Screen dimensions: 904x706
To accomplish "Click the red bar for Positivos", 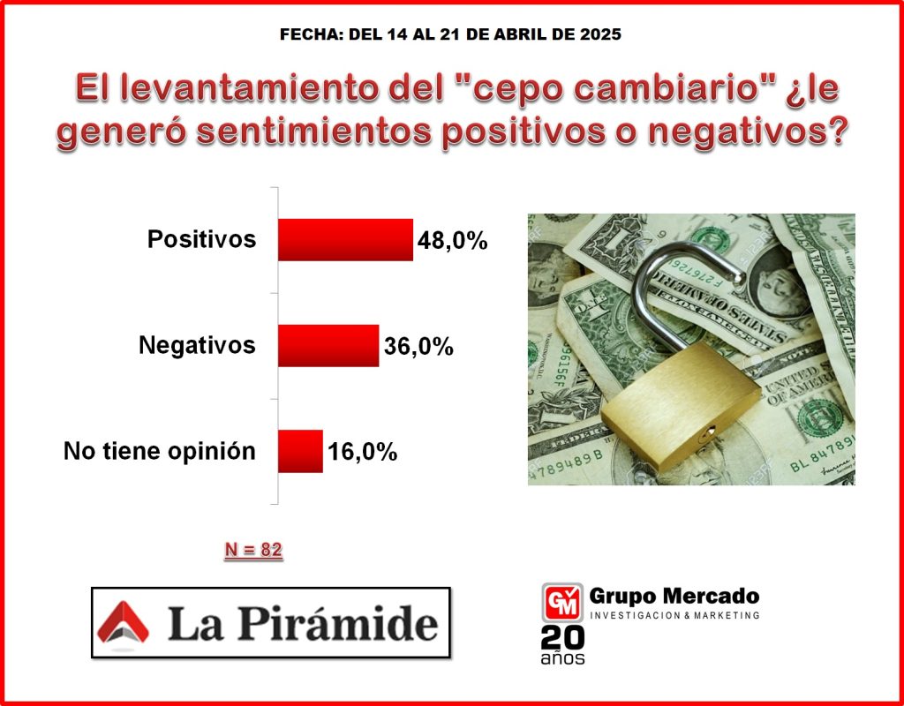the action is point(345,240).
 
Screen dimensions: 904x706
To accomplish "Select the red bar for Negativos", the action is point(328,345).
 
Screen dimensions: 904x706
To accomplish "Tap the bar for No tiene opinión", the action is point(300,451).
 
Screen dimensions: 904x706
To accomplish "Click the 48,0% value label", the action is point(453,241).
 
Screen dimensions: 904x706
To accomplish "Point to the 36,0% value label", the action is point(418,346).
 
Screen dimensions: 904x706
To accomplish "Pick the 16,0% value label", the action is point(363,452).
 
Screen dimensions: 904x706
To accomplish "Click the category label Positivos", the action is point(201,238).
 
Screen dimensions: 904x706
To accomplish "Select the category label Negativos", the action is point(197,345).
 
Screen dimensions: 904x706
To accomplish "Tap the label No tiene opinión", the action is point(160,451).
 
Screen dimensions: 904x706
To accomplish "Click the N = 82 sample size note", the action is point(253,551).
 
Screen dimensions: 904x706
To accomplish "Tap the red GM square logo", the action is point(562,603).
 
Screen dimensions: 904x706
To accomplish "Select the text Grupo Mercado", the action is point(674,596).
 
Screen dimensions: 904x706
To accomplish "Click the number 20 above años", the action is point(562,639).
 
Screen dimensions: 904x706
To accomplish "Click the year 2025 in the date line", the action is point(599,34).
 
